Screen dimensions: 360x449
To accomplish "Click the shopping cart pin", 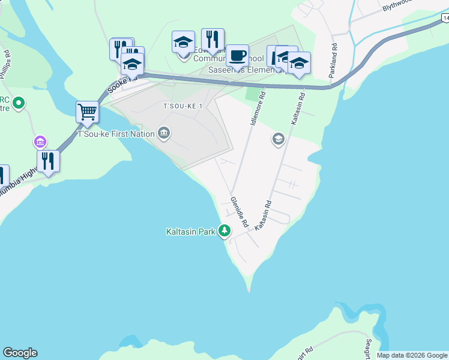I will (x=88, y=112).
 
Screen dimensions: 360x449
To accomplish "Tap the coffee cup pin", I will (x=237, y=56).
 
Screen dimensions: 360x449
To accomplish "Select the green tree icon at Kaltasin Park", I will (x=224, y=230).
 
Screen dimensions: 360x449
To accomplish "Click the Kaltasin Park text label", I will (x=191, y=231).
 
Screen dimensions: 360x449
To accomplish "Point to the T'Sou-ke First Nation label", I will (x=116, y=134).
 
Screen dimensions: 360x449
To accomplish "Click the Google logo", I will (x=20, y=353).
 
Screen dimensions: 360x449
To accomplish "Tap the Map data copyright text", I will (x=412, y=355).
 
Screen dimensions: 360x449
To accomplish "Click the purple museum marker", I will (x=40, y=143).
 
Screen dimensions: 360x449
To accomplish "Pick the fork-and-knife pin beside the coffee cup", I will (x=212, y=40).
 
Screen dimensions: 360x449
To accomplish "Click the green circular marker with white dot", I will (x=19, y=103).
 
